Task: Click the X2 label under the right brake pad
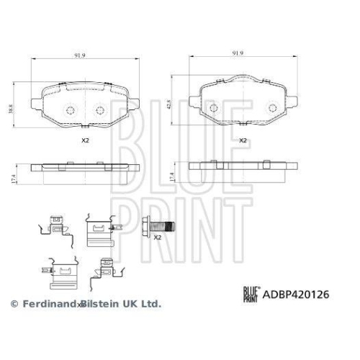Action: pyautogui.click(x=243, y=140)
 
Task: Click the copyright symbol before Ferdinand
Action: pyautogui.click(x=13, y=305)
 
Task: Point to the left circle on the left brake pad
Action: pyautogui.click(x=70, y=110)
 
